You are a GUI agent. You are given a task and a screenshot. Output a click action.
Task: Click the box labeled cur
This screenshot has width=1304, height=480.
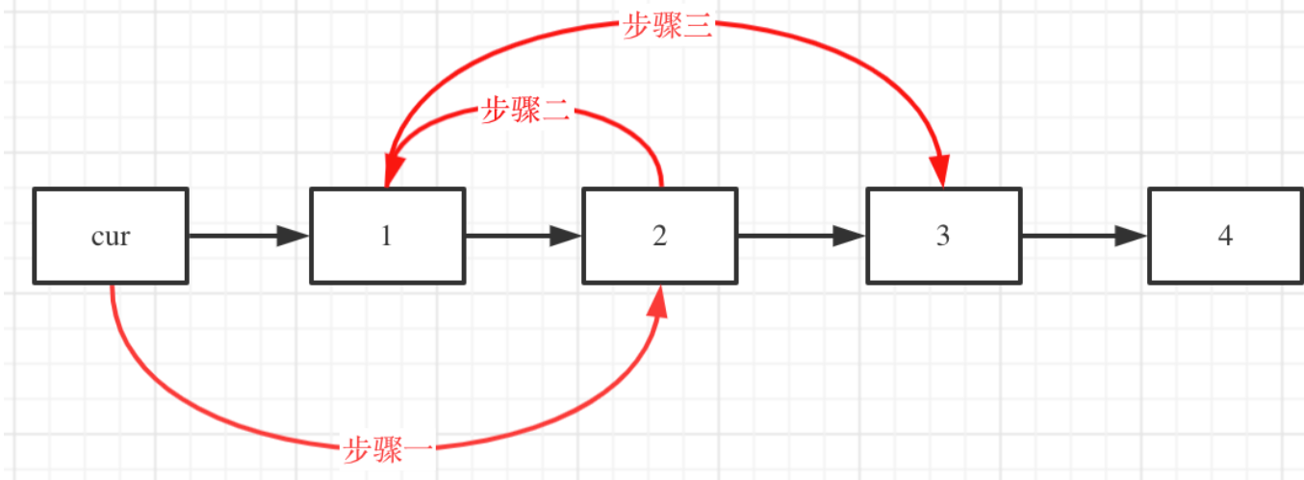click(x=111, y=236)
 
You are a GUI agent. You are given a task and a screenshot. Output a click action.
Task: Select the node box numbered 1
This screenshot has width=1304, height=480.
click(x=386, y=236)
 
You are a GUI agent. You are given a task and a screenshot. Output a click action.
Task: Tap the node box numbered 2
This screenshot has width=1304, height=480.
click(x=659, y=236)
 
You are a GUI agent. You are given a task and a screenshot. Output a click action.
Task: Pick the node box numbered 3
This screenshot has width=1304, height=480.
click(x=943, y=236)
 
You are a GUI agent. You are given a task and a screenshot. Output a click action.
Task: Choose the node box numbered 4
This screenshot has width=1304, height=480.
click(x=1224, y=236)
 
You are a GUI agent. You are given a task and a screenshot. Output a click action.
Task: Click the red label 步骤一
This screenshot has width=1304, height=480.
click(x=387, y=447)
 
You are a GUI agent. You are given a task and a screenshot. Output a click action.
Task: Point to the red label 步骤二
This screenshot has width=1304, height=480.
click(x=525, y=112)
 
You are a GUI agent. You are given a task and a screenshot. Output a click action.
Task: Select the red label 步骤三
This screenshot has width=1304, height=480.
click(x=668, y=26)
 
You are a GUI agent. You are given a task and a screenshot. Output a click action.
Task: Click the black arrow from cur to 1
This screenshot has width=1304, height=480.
click(x=248, y=236)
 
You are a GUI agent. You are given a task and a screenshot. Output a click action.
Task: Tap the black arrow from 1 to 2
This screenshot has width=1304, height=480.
click(x=524, y=236)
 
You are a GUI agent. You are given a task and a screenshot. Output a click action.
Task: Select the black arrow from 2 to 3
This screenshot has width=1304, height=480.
click(x=802, y=236)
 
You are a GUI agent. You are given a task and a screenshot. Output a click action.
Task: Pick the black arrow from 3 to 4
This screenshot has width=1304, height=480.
click(x=1084, y=236)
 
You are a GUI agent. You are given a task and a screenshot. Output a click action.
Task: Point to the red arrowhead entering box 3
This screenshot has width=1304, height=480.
click(x=941, y=170)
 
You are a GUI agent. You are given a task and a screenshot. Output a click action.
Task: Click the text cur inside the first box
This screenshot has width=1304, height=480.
click(x=111, y=236)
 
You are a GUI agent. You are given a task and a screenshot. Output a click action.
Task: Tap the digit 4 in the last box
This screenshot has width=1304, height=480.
click(x=1224, y=236)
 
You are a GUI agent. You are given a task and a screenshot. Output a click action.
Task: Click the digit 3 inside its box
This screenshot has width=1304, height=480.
click(x=943, y=236)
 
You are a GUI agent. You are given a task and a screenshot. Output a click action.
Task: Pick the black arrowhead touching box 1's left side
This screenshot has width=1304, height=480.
click(x=293, y=236)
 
